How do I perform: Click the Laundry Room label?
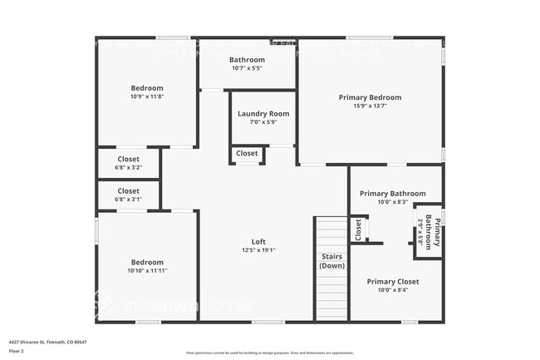click(263, 114)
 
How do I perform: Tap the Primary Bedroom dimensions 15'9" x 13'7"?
click(370, 106)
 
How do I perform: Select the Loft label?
click(258, 242)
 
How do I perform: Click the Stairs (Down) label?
click(331, 261)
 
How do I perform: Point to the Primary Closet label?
click(393, 282)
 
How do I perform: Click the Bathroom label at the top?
click(247, 60)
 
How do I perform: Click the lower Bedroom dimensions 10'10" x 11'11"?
click(147, 271)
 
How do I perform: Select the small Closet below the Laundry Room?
click(247, 154)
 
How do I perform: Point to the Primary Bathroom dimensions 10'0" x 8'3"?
click(392, 202)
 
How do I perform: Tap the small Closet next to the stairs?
click(358, 230)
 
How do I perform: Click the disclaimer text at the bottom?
click(270, 353)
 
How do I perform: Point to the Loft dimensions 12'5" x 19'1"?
click(258, 250)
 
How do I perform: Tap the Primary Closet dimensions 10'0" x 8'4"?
click(393, 291)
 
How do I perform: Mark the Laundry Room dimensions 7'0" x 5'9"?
click(263, 122)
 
